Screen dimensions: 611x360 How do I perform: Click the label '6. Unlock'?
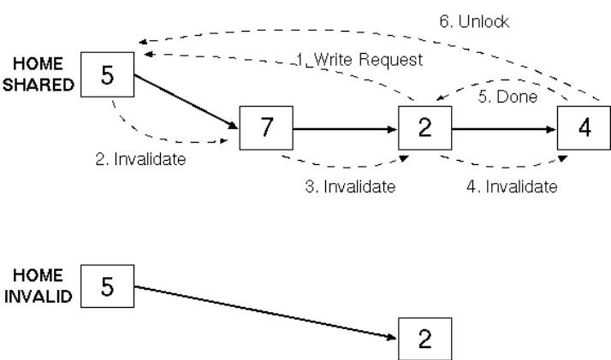click(x=474, y=21)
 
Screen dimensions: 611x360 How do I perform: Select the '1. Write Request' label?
click(x=359, y=60)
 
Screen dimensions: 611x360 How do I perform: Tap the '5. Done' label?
click(x=507, y=97)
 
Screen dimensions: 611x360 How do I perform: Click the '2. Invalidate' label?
click(x=140, y=159)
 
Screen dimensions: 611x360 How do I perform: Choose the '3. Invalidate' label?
click(x=350, y=186)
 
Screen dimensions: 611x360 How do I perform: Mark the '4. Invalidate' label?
click(x=512, y=186)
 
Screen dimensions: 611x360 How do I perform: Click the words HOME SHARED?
click(x=39, y=74)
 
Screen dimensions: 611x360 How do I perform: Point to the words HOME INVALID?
click(x=39, y=286)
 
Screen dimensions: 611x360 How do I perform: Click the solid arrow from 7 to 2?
click(x=345, y=129)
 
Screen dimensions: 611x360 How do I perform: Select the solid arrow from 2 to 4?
click(x=504, y=129)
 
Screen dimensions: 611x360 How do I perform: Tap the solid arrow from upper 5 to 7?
click(x=187, y=102)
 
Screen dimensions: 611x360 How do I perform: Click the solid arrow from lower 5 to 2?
click(x=266, y=313)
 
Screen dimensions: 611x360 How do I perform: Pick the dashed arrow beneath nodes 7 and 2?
click(x=345, y=168)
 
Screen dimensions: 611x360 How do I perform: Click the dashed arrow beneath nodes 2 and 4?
click(x=504, y=168)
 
